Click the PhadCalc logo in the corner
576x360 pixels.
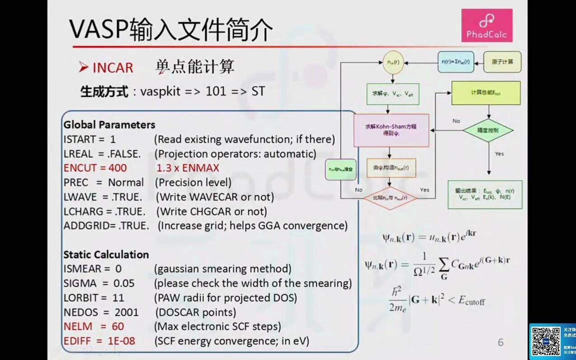pos(486,26)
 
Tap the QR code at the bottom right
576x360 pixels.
pos(546,341)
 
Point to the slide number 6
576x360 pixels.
pos(500,342)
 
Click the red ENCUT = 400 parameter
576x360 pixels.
pos(95,168)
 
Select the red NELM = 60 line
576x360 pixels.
pos(94,327)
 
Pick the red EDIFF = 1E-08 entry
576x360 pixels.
pos(99,341)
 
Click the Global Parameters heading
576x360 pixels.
pos(109,124)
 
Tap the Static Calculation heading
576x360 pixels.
pos(106,255)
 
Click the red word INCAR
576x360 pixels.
pos(113,68)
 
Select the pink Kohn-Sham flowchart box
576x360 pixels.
pos(391,130)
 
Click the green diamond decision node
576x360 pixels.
pos(488,130)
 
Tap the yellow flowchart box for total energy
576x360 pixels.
pos(486,93)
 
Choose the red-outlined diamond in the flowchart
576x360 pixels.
pos(390,198)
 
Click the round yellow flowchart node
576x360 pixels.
pos(393,62)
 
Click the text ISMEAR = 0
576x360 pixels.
pos(92,269)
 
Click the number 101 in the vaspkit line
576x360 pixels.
pos(216,91)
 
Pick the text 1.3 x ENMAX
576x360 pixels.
pos(188,168)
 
